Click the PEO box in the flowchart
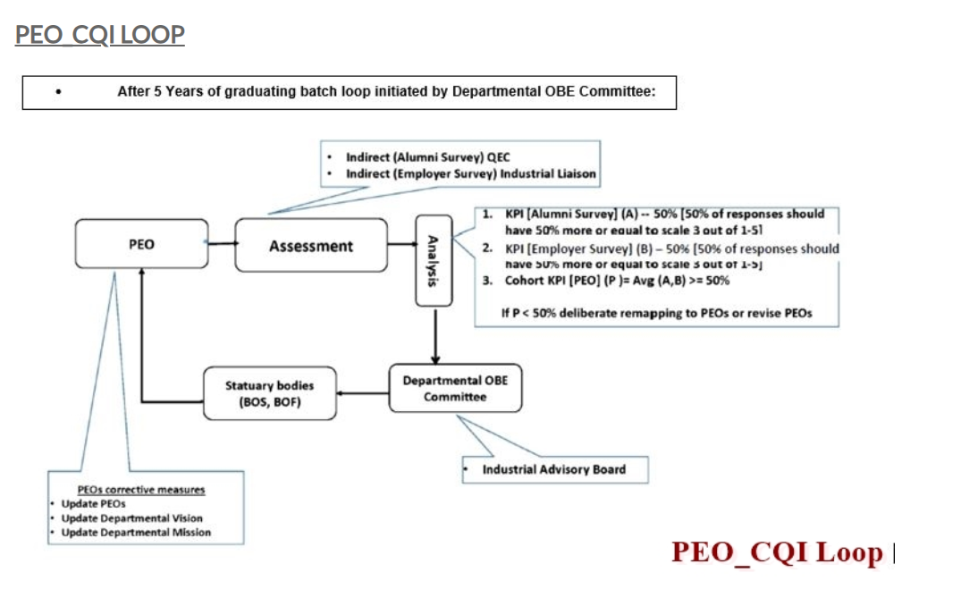141,244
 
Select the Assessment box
311,246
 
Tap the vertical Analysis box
433,259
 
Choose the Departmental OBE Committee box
455,388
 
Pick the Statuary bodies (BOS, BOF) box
269,392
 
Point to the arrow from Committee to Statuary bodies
363,391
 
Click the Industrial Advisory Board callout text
554,469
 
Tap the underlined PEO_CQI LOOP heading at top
100,35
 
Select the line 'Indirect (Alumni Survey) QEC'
428,158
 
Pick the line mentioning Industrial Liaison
470,173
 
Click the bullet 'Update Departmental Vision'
131,518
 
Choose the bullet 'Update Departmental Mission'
136,533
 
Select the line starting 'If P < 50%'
657,313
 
